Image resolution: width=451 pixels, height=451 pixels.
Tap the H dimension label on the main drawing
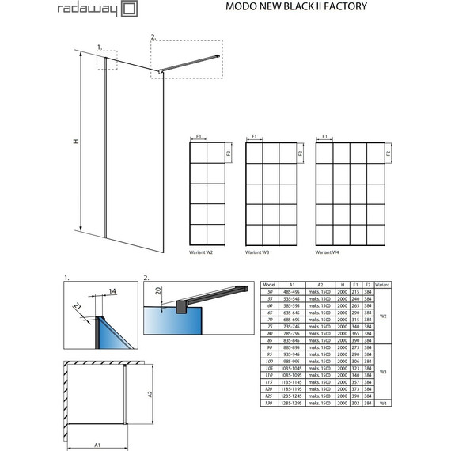pyautogui.click(x=75, y=142)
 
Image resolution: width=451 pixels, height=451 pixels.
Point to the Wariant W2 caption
pyautogui.click(x=202, y=253)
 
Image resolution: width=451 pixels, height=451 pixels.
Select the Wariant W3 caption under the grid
pyautogui.click(x=259, y=253)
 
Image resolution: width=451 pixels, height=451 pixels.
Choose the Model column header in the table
pyautogui.click(x=268, y=283)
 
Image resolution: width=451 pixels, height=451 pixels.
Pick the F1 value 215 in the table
pyautogui.click(x=355, y=291)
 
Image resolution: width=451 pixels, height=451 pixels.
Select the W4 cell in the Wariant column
pyautogui.click(x=382, y=403)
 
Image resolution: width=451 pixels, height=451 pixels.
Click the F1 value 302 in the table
pyautogui.click(x=355, y=403)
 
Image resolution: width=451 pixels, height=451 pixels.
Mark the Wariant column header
pyautogui.click(x=382, y=283)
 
